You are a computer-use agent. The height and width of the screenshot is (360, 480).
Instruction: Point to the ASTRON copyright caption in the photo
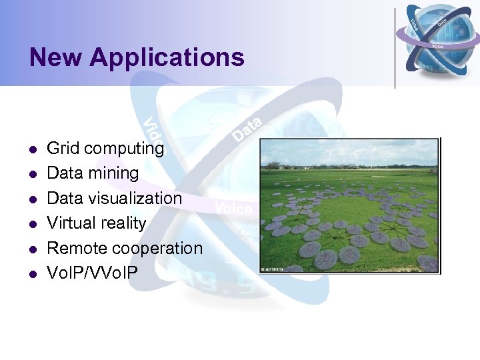[x=273, y=269]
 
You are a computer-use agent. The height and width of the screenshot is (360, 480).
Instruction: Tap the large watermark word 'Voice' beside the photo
[x=233, y=209]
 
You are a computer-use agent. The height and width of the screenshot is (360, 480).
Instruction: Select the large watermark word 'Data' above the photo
[x=247, y=127]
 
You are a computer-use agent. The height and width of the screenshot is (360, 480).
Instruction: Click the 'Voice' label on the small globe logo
[x=438, y=46]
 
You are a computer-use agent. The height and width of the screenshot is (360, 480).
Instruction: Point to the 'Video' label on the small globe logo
[x=415, y=24]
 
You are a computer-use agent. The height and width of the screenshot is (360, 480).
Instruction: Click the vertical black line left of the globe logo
[x=395, y=47]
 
